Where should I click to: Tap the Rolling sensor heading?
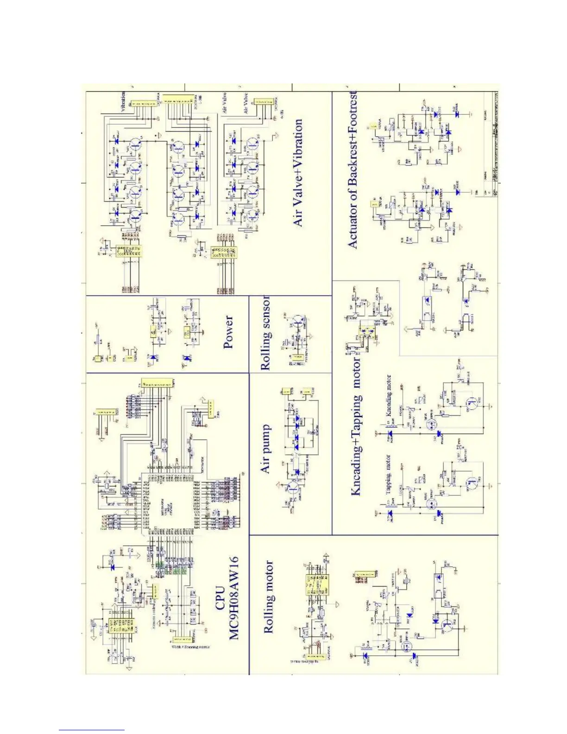(x=266, y=334)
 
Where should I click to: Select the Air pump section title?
(x=265, y=449)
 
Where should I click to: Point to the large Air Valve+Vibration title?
(x=298, y=173)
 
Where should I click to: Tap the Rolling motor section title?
(x=269, y=597)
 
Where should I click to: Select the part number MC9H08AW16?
(x=234, y=598)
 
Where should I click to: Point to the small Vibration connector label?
(x=123, y=102)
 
